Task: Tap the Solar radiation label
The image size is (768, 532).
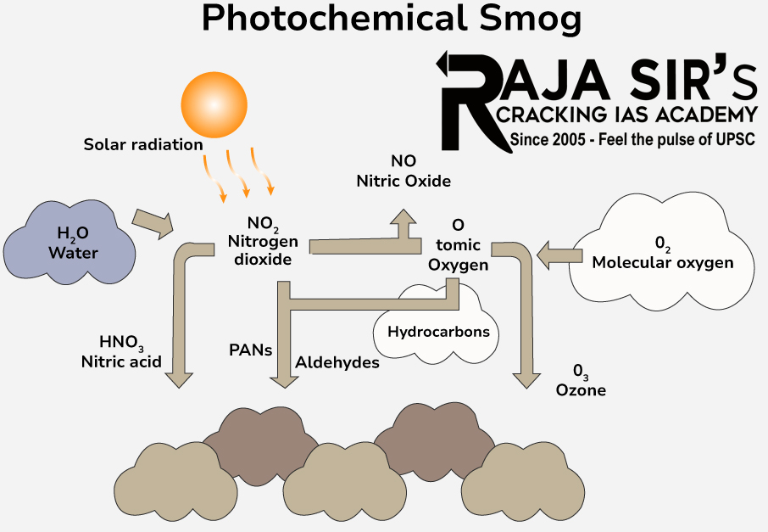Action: [x=142, y=144]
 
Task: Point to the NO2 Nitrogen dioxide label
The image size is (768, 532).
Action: [x=263, y=243]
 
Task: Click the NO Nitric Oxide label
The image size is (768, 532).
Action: [x=403, y=171]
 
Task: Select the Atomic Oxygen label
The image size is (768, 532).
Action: [x=458, y=245]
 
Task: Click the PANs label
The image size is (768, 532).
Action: [x=250, y=349]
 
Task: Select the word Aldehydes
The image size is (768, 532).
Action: [x=337, y=362]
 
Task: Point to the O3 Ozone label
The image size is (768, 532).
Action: [x=581, y=381]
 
